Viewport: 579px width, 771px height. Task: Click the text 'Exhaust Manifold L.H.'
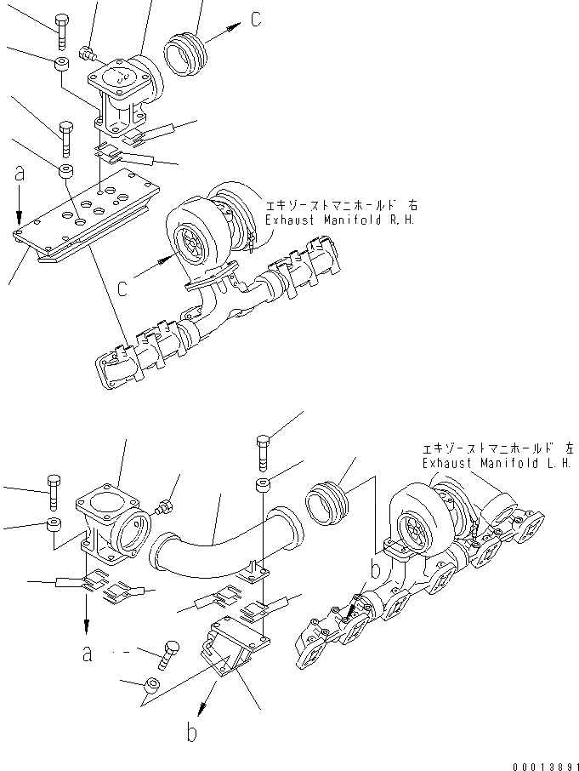click(x=496, y=464)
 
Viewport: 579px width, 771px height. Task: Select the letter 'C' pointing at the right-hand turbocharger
click(x=124, y=288)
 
